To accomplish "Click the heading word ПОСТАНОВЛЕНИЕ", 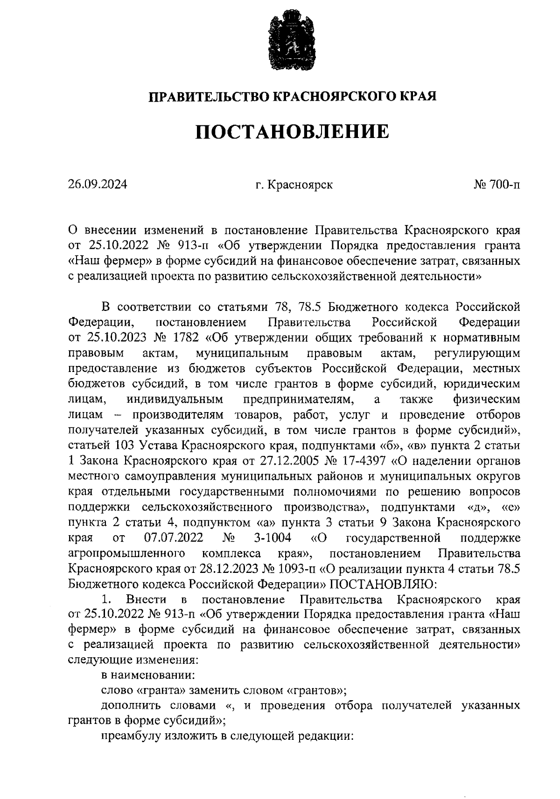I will pyautogui.click(x=292, y=132).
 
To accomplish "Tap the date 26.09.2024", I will pyautogui.click(x=97, y=185).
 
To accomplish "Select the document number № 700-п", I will pyautogui.click(x=497, y=185).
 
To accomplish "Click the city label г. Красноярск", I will pyautogui.click(x=294, y=185).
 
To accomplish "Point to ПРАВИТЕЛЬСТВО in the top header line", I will pyautogui.click(x=208, y=96).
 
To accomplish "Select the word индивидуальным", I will pyautogui.click(x=175, y=399).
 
